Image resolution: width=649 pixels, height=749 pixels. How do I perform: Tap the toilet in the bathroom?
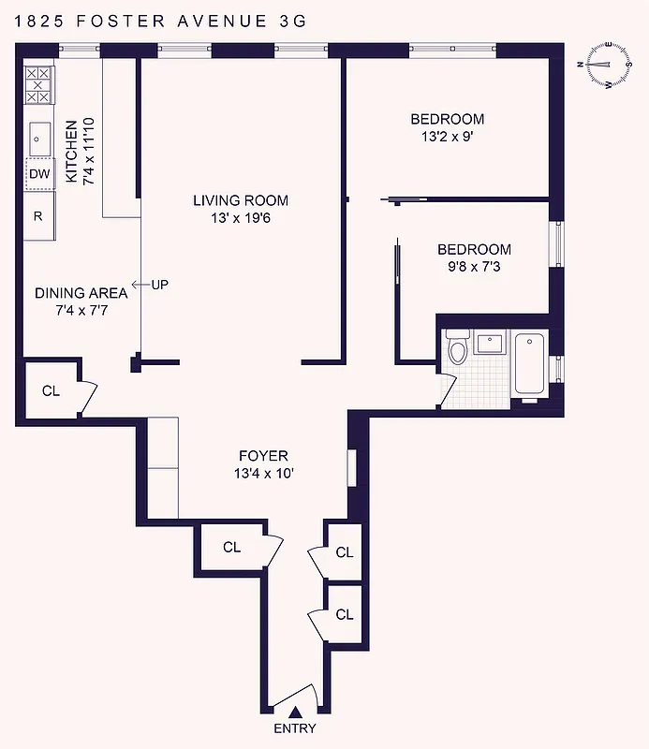pyautogui.click(x=458, y=349)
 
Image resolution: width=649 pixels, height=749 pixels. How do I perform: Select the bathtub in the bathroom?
pyautogui.click(x=529, y=366)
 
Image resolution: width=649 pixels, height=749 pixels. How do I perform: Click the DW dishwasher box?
pyautogui.click(x=38, y=173)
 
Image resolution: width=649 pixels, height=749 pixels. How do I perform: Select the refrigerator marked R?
pyautogui.click(x=38, y=215)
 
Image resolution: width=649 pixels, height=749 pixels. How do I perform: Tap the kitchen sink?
pyautogui.click(x=39, y=139)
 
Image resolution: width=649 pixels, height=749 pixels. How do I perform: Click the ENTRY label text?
pyautogui.click(x=294, y=729)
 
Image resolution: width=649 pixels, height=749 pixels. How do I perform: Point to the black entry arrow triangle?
pyautogui.click(x=295, y=712)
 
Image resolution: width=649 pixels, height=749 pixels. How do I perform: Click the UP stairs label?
pyautogui.click(x=159, y=284)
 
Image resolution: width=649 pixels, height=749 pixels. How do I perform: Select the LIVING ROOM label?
pyautogui.click(x=241, y=200)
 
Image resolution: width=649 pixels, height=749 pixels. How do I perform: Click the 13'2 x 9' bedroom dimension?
pyautogui.click(x=447, y=137)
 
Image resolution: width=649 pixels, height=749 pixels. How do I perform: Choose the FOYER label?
pyautogui.click(x=264, y=456)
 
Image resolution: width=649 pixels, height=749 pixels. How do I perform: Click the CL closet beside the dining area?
pyautogui.click(x=51, y=390)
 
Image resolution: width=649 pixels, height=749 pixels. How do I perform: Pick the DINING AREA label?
pyautogui.click(x=81, y=293)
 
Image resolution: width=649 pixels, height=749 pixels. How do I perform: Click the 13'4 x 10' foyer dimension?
pyautogui.click(x=264, y=474)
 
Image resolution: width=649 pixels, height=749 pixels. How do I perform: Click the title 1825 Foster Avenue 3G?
pyautogui.click(x=154, y=19)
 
